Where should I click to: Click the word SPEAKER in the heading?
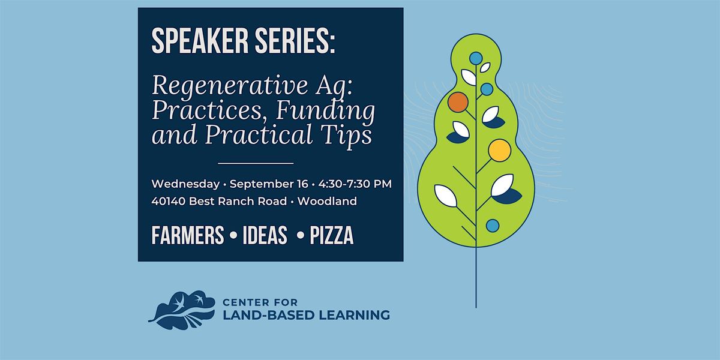coord(200,41)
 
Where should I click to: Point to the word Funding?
coord(325,110)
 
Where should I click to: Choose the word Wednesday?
coord(185,184)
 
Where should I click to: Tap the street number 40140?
coord(168,201)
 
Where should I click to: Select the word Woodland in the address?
coord(327,201)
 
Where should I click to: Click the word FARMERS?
coord(188,235)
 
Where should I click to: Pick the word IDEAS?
coord(265,235)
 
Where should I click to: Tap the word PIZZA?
coord(331,235)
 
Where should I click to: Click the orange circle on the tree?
coord(458,102)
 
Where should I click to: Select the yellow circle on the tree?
coord(499,151)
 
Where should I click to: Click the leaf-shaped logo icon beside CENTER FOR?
coord(182,310)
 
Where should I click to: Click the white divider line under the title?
coord(256,163)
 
